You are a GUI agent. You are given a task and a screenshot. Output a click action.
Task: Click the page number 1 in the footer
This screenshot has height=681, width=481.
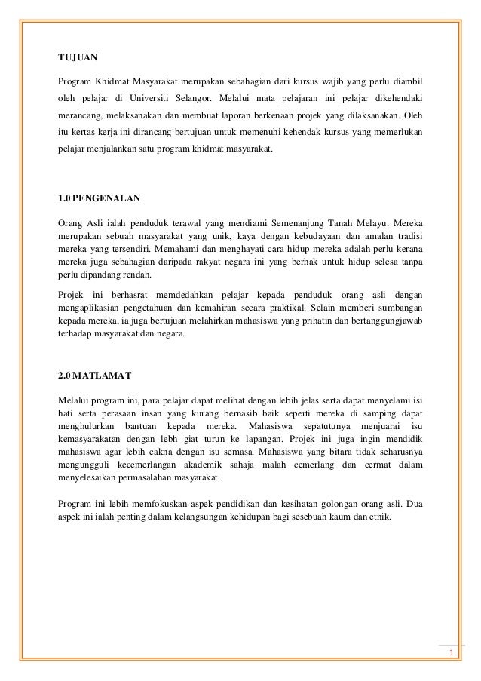tap(451, 652)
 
